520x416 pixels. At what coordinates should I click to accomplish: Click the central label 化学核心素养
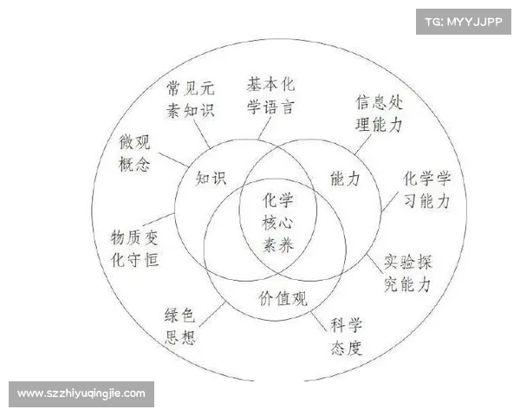point(277,223)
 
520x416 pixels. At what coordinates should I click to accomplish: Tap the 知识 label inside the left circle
point(211,179)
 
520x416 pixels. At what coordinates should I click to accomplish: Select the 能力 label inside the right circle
point(345,179)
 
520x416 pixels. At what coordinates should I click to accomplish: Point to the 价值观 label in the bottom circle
point(283,298)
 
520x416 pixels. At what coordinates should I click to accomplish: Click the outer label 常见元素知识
point(191,99)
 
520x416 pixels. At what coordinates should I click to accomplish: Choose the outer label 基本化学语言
point(270,96)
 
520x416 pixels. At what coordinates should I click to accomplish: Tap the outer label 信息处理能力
point(379,114)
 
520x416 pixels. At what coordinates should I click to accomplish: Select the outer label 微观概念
point(134,153)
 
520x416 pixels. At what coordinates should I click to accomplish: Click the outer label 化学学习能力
point(426,190)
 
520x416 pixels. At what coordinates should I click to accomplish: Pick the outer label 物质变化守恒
point(134,248)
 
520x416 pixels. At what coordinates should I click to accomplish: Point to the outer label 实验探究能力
point(407,273)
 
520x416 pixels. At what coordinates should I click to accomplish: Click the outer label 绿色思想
point(180,327)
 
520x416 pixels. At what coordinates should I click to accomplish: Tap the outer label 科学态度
point(346,336)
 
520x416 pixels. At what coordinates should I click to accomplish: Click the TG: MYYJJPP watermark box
point(464,22)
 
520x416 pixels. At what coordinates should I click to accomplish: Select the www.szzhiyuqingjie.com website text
point(81,393)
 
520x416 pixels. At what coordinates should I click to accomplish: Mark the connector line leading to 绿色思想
point(212,314)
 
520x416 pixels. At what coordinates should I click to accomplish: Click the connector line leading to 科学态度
point(318,322)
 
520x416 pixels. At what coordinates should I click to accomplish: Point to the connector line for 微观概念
point(173,159)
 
